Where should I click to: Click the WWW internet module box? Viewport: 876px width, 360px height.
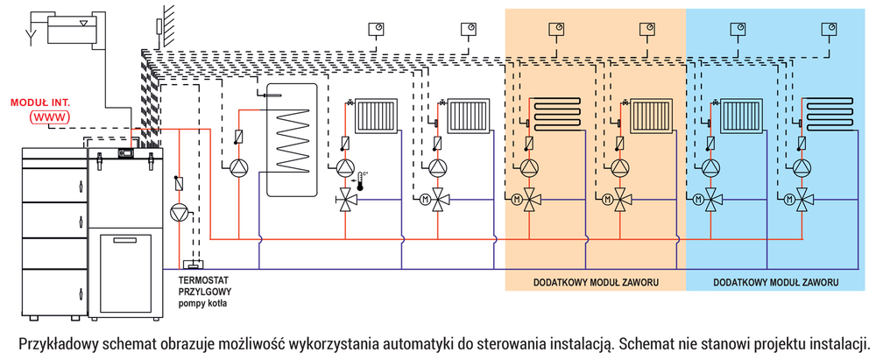click(x=49, y=116)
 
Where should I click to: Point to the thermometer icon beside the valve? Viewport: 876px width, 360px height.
click(x=359, y=183)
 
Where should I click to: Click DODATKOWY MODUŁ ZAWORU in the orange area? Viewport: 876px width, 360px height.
click(x=596, y=282)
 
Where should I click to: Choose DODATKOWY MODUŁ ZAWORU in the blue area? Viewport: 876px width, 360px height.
click(x=776, y=282)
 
